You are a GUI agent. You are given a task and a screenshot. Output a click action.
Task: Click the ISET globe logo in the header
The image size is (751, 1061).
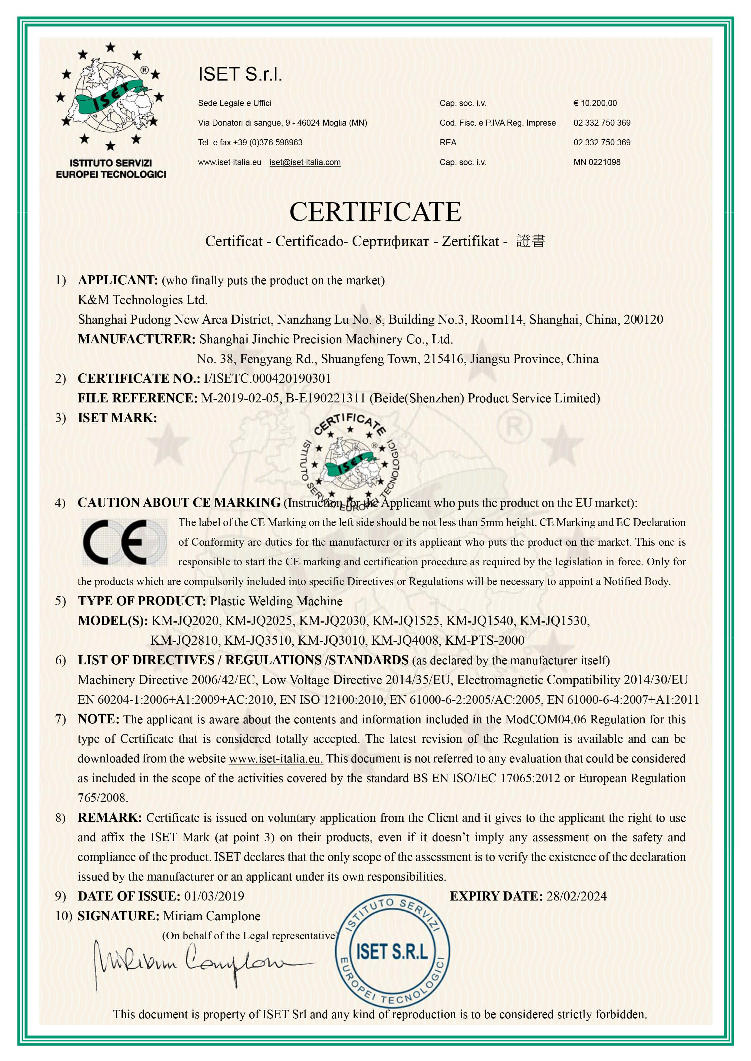[x=110, y=97]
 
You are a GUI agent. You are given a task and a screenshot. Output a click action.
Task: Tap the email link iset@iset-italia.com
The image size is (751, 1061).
[x=305, y=162]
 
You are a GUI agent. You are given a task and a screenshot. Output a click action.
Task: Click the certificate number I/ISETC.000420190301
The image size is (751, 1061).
[x=267, y=378]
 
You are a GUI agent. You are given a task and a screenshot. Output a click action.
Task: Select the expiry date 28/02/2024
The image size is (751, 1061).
[x=576, y=896]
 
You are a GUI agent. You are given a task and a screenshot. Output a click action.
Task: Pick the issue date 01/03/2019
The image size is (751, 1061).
[x=214, y=896]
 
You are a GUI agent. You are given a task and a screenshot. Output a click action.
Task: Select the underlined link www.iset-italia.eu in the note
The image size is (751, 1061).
[x=276, y=758]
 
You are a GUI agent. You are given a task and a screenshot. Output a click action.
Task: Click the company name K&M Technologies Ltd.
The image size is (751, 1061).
[x=142, y=300]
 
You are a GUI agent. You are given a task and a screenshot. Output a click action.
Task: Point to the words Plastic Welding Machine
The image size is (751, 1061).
[x=276, y=601]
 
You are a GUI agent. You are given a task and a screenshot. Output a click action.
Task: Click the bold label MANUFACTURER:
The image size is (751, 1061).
[x=137, y=339]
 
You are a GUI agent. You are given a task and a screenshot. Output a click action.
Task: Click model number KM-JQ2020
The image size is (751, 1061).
[x=185, y=621]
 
